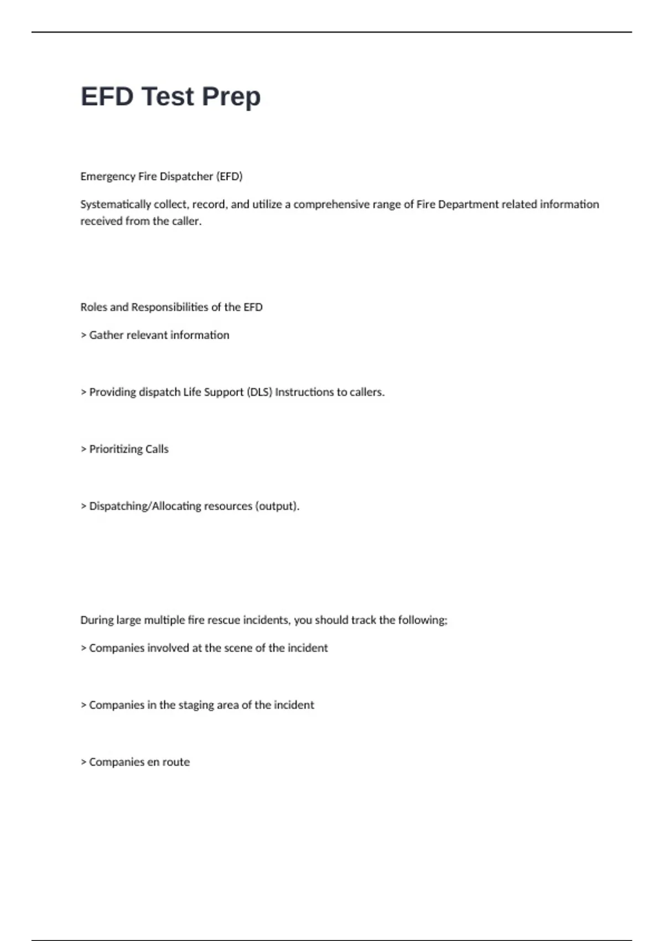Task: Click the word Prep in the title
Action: pos(231,97)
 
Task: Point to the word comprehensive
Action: pos(331,204)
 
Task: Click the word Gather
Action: pos(106,335)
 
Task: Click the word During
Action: pos(96,620)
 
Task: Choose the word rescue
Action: pos(221,620)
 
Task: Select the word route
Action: pos(176,762)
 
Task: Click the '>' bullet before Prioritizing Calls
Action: pos(84,449)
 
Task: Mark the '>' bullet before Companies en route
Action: pos(84,762)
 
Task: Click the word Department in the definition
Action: pos(468,204)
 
